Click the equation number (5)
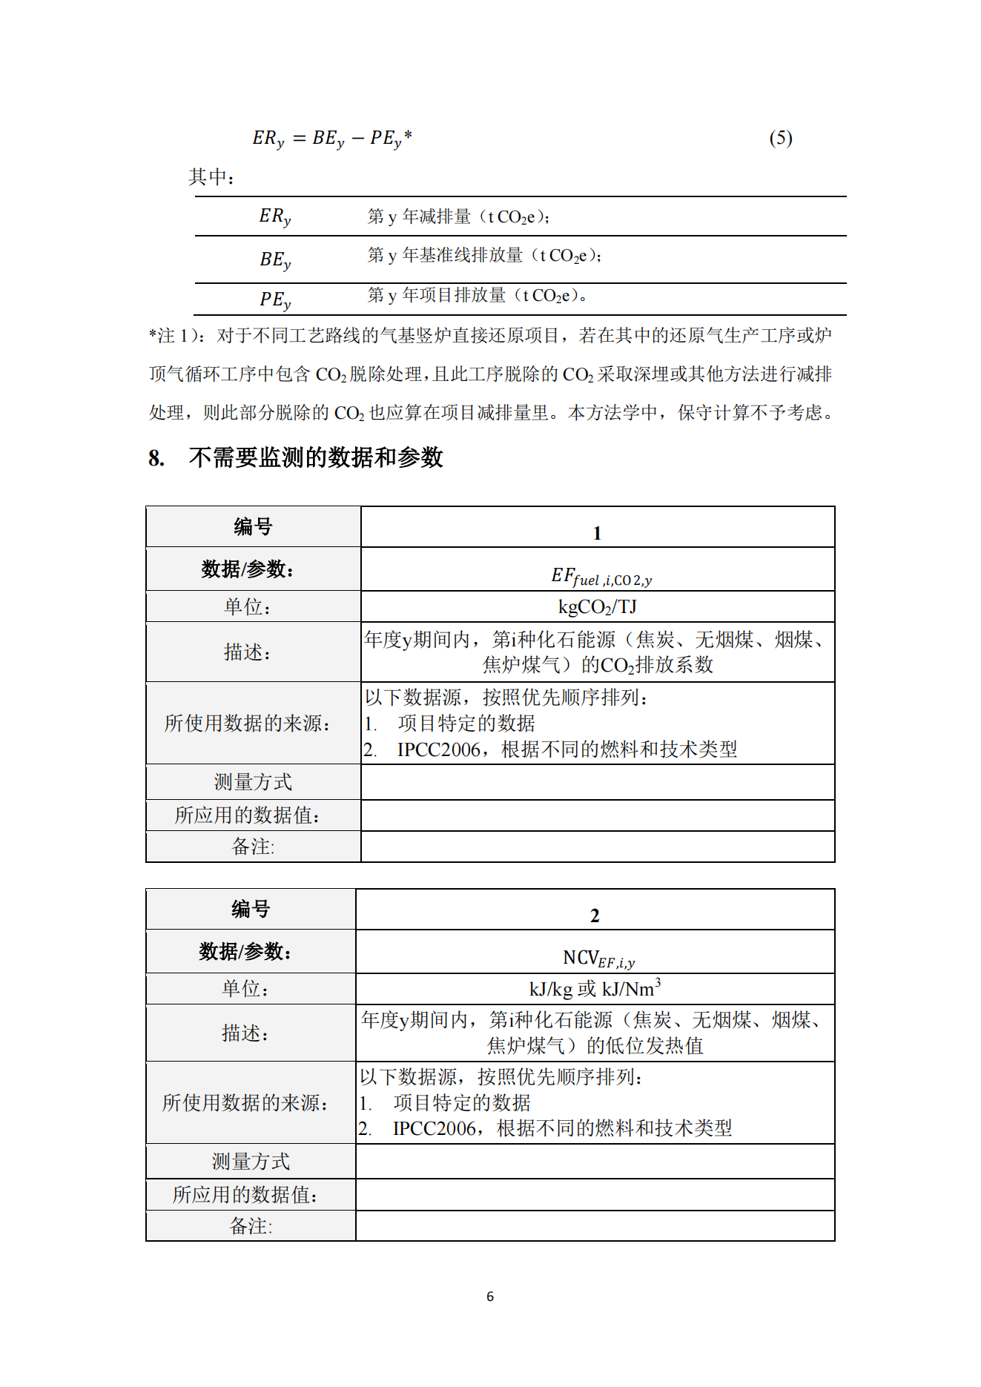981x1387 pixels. (780, 138)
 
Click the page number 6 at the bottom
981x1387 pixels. (489, 1297)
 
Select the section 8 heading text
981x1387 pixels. (315, 457)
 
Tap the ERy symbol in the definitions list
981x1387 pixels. (275, 216)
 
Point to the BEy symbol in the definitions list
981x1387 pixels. (275, 259)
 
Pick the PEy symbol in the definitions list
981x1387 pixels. (275, 299)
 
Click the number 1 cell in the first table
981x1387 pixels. (597, 533)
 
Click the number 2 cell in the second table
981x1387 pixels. (595, 916)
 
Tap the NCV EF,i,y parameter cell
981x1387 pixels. (598, 959)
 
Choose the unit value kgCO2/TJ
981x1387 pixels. (597, 607)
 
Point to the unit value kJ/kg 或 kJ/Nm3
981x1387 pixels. (595, 989)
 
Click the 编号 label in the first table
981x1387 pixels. (253, 527)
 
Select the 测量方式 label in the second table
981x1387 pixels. (251, 1161)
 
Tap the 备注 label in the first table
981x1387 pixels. (253, 847)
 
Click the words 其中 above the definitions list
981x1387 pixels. (211, 177)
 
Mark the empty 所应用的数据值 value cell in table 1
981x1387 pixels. (597, 815)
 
